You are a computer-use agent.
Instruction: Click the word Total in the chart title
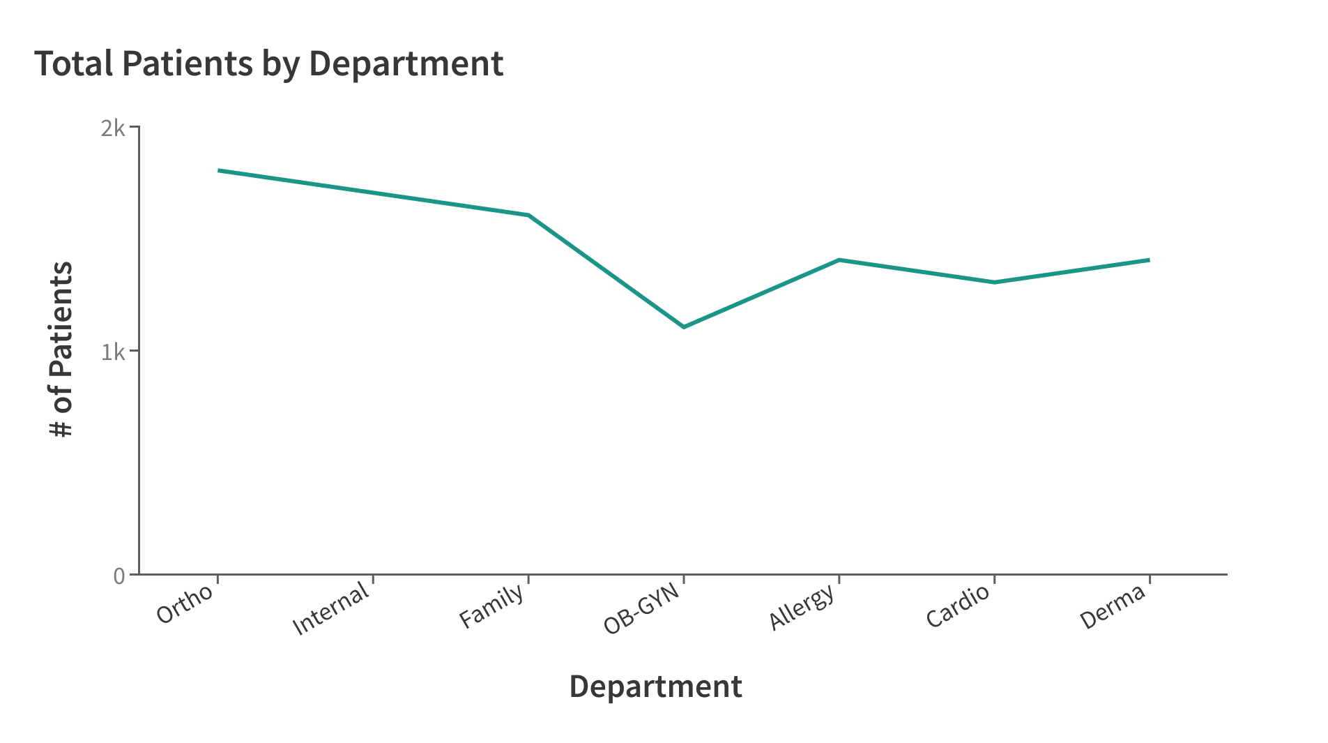pyautogui.click(x=73, y=63)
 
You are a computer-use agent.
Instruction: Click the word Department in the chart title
pyautogui.click(x=406, y=63)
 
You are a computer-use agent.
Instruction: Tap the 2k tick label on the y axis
pyautogui.click(x=113, y=128)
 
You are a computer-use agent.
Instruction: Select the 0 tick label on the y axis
pyautogui.click(x=119, y=576)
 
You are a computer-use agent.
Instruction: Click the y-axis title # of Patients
pyautogui.click(x=61, y=349)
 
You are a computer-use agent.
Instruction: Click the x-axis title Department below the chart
pyautogui.click(x=655, y=686)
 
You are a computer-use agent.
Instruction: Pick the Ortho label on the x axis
pyautogui.click(x=185, y=603)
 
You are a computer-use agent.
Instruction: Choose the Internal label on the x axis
pyautogui.click(x=330, y=608)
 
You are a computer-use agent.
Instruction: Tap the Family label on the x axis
pyautogui.click(x=491, y=605)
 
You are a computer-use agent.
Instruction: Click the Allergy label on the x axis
pyautogui.click(x=801, y=606)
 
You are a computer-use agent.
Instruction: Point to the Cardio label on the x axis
pyautogui.click(x=958, y=605)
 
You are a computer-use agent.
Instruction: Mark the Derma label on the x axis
pyautogui.click(x=1113, y=606)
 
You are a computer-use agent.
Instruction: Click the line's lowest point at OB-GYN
pyautogui.click(x=684, y=327)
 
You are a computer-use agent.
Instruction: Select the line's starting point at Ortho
pyautogui.click(x=219, y=170)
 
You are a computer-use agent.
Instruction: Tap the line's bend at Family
pyautogui.click(x=528, y=215)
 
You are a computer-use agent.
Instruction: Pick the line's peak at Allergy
pyautogui.click(x=839, y=260)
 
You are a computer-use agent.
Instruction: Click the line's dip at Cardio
pyautogui.click(x=994, y=282)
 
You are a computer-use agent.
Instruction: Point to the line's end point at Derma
pyautogui.click(x=1148, y=260)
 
